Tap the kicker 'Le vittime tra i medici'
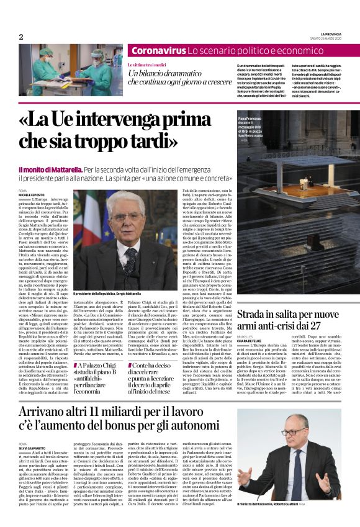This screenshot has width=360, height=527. [x=151, y=65]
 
